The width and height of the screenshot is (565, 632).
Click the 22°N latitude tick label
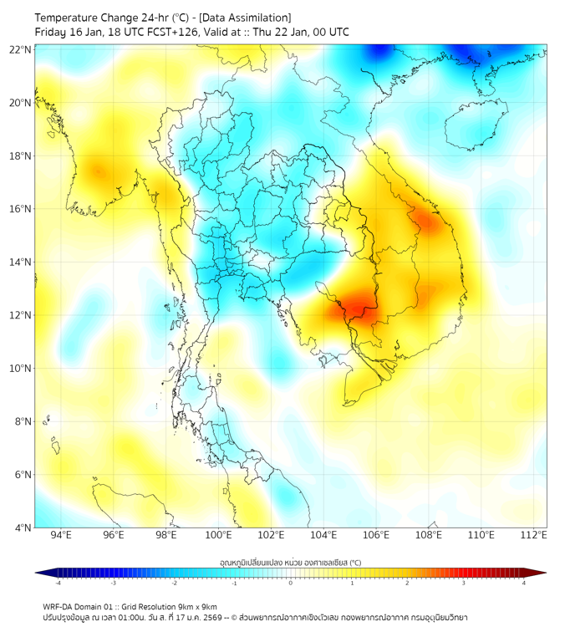tap(21, 49)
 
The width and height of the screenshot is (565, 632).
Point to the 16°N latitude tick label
tap(21, 209)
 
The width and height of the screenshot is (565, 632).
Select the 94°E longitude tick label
tap(61, 535)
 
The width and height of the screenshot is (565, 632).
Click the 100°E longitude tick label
tap(218, 535)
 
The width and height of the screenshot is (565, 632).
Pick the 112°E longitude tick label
tap(534, 535)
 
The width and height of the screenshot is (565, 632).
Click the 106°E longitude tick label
tap(376, 535)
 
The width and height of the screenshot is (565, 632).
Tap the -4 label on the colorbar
tap(58, 583)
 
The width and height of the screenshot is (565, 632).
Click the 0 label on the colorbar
tap(291, 583)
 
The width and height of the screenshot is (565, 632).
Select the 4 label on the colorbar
tap(524, 583)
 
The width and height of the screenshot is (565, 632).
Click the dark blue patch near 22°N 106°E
tap(380, 52)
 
